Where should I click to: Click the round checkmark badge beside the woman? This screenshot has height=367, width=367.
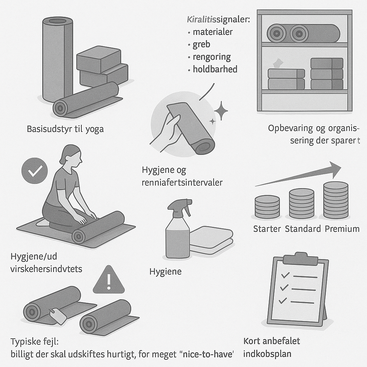click(34, 171)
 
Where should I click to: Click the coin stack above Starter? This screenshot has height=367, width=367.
click(267, 207)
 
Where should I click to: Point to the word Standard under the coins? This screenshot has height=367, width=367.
click(302, 229)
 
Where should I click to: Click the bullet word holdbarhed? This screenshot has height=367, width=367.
click(215, 69)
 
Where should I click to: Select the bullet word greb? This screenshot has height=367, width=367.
click(201, 44)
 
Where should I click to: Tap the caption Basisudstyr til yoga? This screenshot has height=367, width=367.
click(65, 129)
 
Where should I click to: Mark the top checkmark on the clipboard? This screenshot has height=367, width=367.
click(285, 275)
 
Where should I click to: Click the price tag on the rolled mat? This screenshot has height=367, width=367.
click(58, 316)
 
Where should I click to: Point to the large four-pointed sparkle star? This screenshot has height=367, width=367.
click(221, 111)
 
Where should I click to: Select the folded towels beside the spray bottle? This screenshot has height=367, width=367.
click(211, 240)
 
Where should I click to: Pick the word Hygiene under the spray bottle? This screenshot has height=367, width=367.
click(166, 272)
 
